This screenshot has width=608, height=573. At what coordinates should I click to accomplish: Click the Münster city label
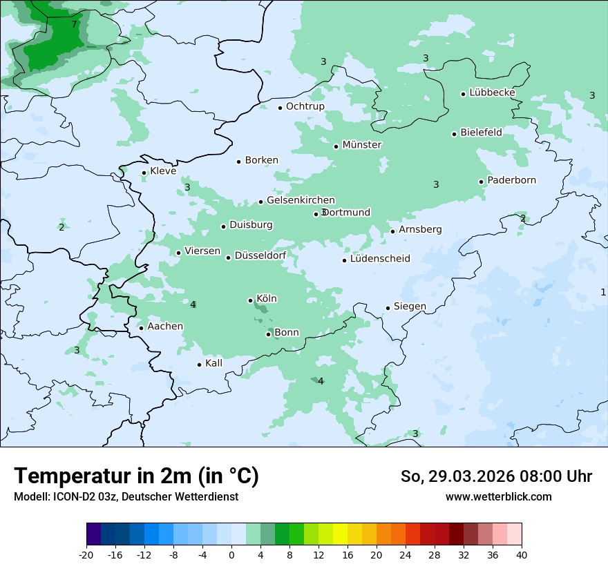pyautogui.click(x=361, y=145)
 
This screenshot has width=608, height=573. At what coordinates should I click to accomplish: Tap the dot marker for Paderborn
pyautogui.click(x=482, y=182)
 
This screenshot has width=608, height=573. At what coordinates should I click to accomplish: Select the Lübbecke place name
pyautogui.click(x=492, y=93)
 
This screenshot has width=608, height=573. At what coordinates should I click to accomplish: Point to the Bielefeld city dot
pyautogui.click(x=455, y=134)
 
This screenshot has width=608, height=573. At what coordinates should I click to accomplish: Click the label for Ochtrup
pyautogui.click(x=305, y=106)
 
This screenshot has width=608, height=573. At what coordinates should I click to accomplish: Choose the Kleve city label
pyautogui.click(x=163, y=171)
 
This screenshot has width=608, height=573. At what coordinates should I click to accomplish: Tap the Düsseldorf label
pyautogui.click(x=260, y=255)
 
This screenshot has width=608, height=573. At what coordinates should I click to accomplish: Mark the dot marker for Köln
pyautogui.click(x=251, y=300)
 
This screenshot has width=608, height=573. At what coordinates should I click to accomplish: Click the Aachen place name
pyautogui.click(x=165, y=327)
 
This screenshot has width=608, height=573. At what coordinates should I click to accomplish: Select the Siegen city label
pyautogui.click(x=410, y=307)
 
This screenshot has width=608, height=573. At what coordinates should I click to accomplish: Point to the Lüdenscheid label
pyautogui.click(x=380, y=259)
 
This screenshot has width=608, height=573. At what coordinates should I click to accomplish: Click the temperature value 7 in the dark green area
pyautogui.click(x=74, y=24)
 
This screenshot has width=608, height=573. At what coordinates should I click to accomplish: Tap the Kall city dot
pyautogui.click(x=200, y=365)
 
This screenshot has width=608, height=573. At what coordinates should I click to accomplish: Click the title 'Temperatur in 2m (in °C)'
pyautogui.click(x=136, y=476)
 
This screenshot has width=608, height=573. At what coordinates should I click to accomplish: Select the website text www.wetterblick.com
pyautogui.click(x=498, y=496)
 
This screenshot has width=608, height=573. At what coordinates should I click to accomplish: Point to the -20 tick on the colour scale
pyautogui.click(x=86, y=555)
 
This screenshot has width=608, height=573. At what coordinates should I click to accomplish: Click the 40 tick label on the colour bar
pyautogui.click(x=522, y=555)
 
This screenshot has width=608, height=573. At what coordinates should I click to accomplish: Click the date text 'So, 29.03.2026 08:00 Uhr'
pyautogui.click(x=496, y=476)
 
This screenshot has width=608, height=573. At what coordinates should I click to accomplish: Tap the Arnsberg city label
pyautogui.click(x=420, y=229)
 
